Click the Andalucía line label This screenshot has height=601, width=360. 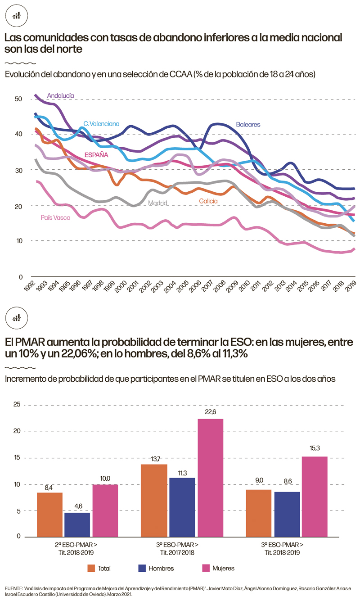[60, 95]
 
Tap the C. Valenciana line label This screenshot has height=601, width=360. [101, 123]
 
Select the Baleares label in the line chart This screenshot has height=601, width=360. [248, 124]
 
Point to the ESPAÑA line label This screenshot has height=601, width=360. [97, 155]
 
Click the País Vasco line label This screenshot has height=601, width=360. [56, 217]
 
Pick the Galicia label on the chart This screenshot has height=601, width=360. [208, 201]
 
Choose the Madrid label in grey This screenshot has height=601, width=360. [158, 203]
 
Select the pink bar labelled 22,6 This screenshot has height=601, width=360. [210, 477]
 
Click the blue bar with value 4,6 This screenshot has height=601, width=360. [77, 524]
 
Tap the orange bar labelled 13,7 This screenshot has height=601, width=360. [154, 500]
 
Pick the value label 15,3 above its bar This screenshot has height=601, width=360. [315, 449]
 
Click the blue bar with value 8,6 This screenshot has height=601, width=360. [287, 514]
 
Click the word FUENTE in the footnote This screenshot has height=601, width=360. [13, 588]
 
